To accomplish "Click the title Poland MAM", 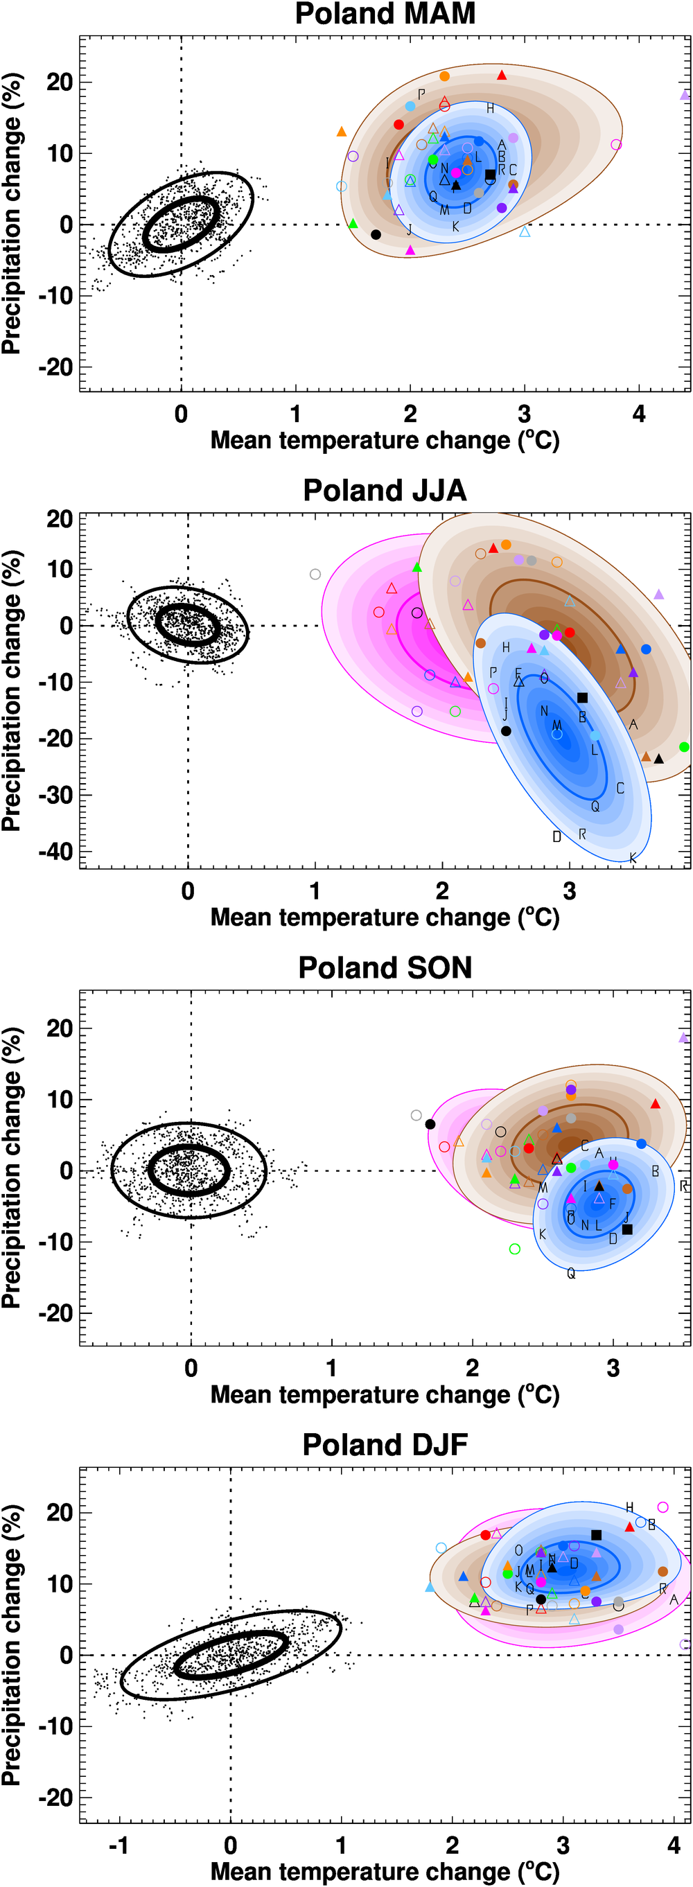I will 385,14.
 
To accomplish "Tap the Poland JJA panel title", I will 385,491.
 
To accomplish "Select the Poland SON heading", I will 385,967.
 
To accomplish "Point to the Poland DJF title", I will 385,1445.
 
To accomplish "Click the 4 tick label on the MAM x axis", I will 639,414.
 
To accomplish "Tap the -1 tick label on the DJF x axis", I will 119,1845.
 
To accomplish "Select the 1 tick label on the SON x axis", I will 332,1368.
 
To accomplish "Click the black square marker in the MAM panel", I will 490,175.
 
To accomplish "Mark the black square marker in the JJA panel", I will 582,698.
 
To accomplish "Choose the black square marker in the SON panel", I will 627,1229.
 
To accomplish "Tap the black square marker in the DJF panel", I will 596,1535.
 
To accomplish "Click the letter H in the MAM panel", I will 490,108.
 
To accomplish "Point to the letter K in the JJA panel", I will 633,858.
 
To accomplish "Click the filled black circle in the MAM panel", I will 376,234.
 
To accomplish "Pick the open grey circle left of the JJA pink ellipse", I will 315,574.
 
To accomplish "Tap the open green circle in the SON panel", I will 515,1249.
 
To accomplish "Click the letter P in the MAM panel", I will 421,94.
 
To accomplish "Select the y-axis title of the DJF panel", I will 12,1644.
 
